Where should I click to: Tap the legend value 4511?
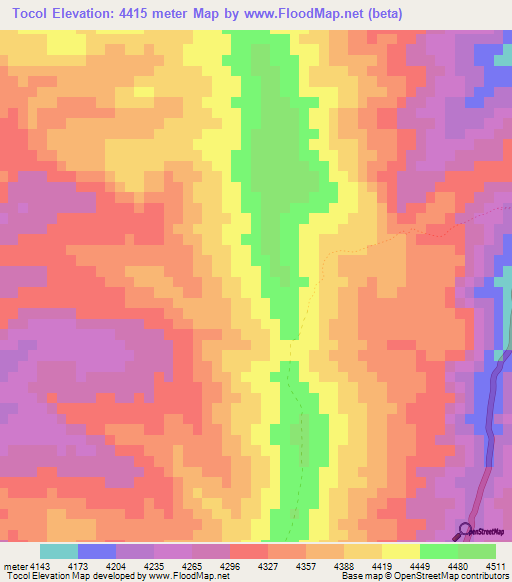pyautogui.click(x=496, y=565)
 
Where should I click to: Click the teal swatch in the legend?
pyautogui.click(x=58, y=551)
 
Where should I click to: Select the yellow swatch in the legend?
pyautogui.click(x=400, y=551)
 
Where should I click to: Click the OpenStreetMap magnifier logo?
pyautogui.click(x=466, y=530)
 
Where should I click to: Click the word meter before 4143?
pyautogui.click(x=12, y=565)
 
